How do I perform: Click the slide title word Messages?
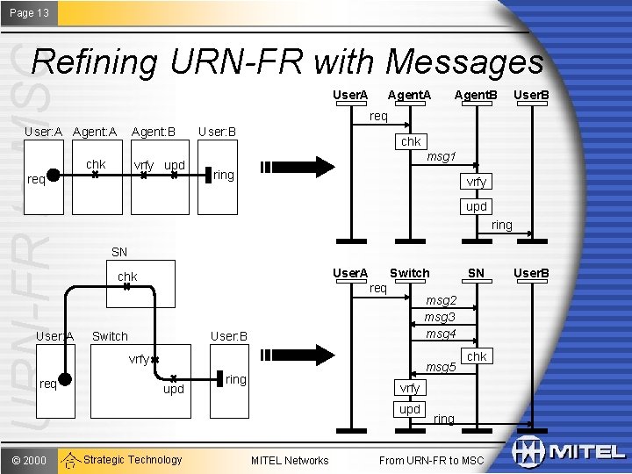coord(464,61)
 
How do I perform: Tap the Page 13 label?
coord(29,13)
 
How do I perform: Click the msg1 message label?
coord(441,157)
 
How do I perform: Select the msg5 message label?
coord(441,367)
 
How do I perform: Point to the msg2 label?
coord(440,300)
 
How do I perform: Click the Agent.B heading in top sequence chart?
coord(475,94)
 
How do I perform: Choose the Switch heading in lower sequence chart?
coord(410,273)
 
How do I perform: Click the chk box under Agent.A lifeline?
coord(411,141)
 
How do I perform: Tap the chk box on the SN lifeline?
coord(477,356)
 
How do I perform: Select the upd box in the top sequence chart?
coord(477,206)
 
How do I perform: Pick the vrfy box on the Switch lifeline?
coord(410,388)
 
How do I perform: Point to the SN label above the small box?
coord(119,252)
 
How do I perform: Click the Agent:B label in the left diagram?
coord(154,133)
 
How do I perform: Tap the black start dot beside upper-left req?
coord(53,175)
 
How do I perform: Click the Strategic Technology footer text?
coord(133,460)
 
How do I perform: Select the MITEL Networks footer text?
coord(290,460)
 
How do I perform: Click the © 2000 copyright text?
coord(29,460)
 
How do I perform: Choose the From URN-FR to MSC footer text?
coord(431,460)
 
